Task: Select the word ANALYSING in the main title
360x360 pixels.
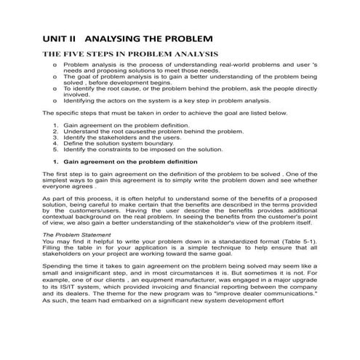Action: click(x=117, y=36)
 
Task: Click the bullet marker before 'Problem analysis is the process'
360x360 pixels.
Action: click(x=56, y=65)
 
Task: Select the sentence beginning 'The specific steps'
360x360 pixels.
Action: click(x=165, y=113)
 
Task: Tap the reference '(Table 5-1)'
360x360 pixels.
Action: click(x=297, y=243)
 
